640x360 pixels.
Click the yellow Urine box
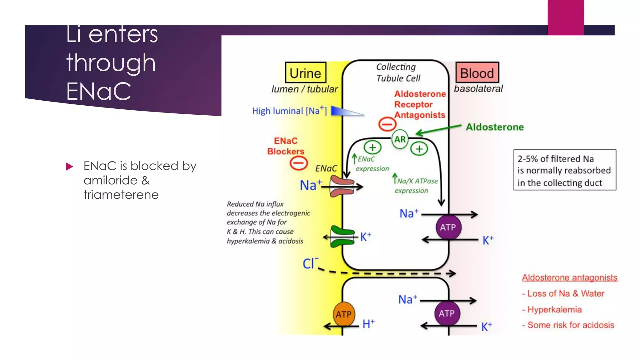click(x=305, y=72)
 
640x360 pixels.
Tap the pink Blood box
click(x=477, y=72)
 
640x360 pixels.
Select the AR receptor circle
click(x=400, y=139)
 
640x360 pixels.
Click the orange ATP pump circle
click(x=344, y=314)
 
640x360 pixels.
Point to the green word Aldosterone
click(x=495, y=127)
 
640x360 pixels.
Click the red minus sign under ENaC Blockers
click(x=298, y=163)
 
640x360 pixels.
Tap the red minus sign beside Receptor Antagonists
click(x=387, y=124)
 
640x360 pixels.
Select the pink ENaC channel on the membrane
click(x=342, y=186)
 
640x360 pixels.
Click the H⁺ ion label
click(x=368, y=324)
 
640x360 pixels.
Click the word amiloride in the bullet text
click(x=110, y=180)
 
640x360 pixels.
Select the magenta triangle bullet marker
click(x=69, y=166)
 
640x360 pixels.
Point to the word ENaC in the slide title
click(x=98, y=91)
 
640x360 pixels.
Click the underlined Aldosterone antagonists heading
click(x=569, y=277)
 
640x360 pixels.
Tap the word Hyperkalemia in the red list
click(x=554, y=309)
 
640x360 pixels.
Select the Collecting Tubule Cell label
click(x=397, y=72)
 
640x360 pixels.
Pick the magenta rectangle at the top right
click(x=566, y=17)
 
